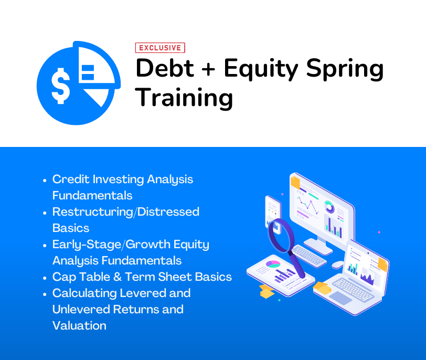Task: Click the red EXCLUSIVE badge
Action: click(160, 48)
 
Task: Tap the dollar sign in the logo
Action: click(60, 86)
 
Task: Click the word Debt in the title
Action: click(165, 68)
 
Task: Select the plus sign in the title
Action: click(208, 69)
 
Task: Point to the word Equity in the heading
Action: click(261, 69)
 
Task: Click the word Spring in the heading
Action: click(345, 69)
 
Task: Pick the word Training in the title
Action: click(184, 98)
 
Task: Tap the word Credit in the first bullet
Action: click(71, 179)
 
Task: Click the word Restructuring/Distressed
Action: click(126, 212)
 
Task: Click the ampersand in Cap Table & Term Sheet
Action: click(118, 277)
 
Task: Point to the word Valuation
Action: click(79, 325)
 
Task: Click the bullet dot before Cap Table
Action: click(45, 278)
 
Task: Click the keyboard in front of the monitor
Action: click(308, 256)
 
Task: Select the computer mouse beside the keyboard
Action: click(338, 264)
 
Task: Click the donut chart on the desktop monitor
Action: click(329, 207)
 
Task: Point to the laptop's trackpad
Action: click(340, 298)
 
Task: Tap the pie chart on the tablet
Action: click(273, 264)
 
